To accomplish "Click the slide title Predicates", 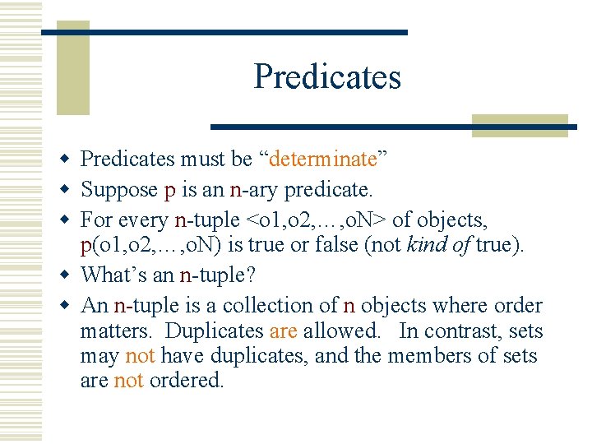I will click(327, 76).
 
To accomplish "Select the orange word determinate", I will click(323, 158).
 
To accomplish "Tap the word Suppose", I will click(118, 190).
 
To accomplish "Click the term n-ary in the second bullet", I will click(257, 190).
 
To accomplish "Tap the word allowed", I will click(341, 331).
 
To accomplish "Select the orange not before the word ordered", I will click(128, 381).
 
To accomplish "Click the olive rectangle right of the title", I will click(520, 125).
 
